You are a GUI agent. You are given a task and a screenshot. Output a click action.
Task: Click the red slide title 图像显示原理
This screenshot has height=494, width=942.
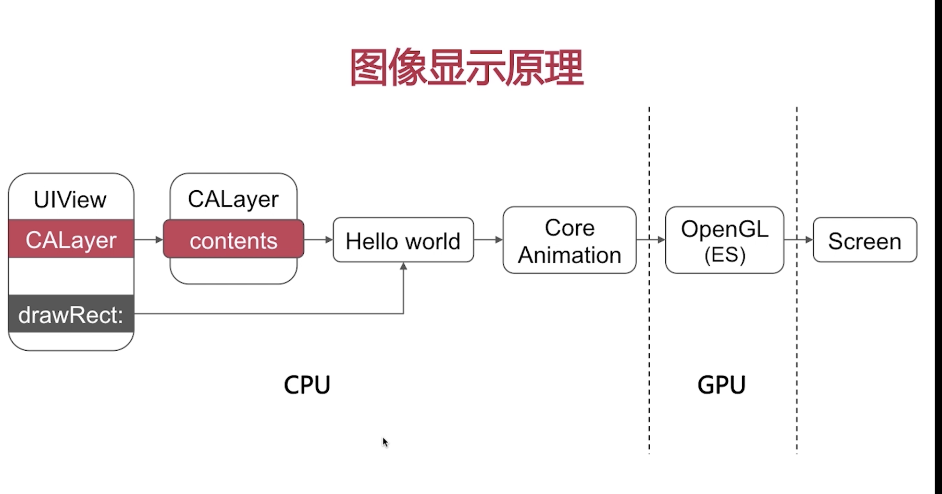[x=466, y=67]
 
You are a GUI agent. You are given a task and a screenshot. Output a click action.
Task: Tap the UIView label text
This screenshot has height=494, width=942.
[x=70, y=200]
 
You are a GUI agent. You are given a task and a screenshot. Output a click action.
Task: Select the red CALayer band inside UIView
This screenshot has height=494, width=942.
[x=71, y=239]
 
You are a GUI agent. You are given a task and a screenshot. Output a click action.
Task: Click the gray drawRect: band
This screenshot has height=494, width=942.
[x=71, y=314]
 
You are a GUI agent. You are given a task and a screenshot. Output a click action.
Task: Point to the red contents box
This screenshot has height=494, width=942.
[x=233, y=239]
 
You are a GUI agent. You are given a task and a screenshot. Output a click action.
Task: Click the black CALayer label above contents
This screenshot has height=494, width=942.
[x=233, y=199]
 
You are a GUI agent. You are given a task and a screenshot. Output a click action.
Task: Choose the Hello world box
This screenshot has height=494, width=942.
[x=403, y=240]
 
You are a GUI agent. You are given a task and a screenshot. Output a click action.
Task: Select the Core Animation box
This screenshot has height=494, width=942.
[x=569, y=240]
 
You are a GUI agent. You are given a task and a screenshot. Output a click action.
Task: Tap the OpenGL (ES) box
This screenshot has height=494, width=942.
[x=724, y=240]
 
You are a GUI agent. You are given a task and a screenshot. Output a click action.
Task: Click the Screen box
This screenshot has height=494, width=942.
[x=865, y=240]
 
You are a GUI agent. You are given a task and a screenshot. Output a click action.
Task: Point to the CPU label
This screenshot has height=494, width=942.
[x=307, y=385]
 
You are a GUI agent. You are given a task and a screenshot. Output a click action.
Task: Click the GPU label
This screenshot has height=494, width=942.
[x=721, y=385]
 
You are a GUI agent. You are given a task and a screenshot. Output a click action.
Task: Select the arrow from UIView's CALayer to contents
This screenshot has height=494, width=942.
[x=148, y=240]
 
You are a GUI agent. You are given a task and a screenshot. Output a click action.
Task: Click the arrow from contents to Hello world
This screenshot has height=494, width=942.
[x=319, y=240]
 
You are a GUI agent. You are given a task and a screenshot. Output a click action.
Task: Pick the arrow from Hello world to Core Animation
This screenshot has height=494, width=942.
[x=489, y=240]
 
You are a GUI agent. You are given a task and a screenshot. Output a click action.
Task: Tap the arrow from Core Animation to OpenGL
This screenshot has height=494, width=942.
[x=651, y=240]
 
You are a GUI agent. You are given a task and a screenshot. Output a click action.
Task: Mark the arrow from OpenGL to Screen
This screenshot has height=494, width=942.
[x=799, y=240]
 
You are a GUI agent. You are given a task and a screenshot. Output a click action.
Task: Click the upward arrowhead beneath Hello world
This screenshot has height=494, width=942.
[x=403, y=266]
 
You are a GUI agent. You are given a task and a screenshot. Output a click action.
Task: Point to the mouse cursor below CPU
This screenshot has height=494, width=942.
[x=385, y=442]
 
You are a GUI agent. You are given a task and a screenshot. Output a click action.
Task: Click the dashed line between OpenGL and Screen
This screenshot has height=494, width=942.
[x=797, y=280]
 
